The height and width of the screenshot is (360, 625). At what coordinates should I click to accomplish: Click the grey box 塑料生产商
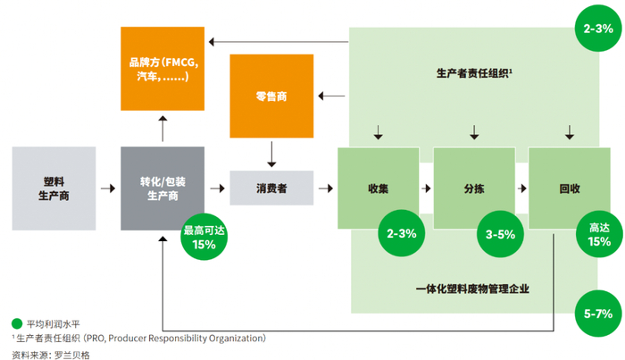[x=54, y=188]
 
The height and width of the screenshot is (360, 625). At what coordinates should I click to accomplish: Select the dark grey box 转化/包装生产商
[x=162, y=188]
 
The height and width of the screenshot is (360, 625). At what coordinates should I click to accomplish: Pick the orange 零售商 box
[x=271, y=96]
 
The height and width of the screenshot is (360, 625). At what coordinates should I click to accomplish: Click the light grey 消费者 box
[x=271, y=188]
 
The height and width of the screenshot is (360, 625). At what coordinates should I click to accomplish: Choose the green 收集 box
[x=378, y=188]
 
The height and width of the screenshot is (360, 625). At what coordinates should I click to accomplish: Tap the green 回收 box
[x=570, y=188]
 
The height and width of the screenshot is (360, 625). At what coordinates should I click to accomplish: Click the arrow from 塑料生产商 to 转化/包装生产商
[x=107, y=188]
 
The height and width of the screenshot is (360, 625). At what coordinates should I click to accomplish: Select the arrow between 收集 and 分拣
[x=426, y=188]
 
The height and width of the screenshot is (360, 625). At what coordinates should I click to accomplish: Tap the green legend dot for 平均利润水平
[x=17, y=323]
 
